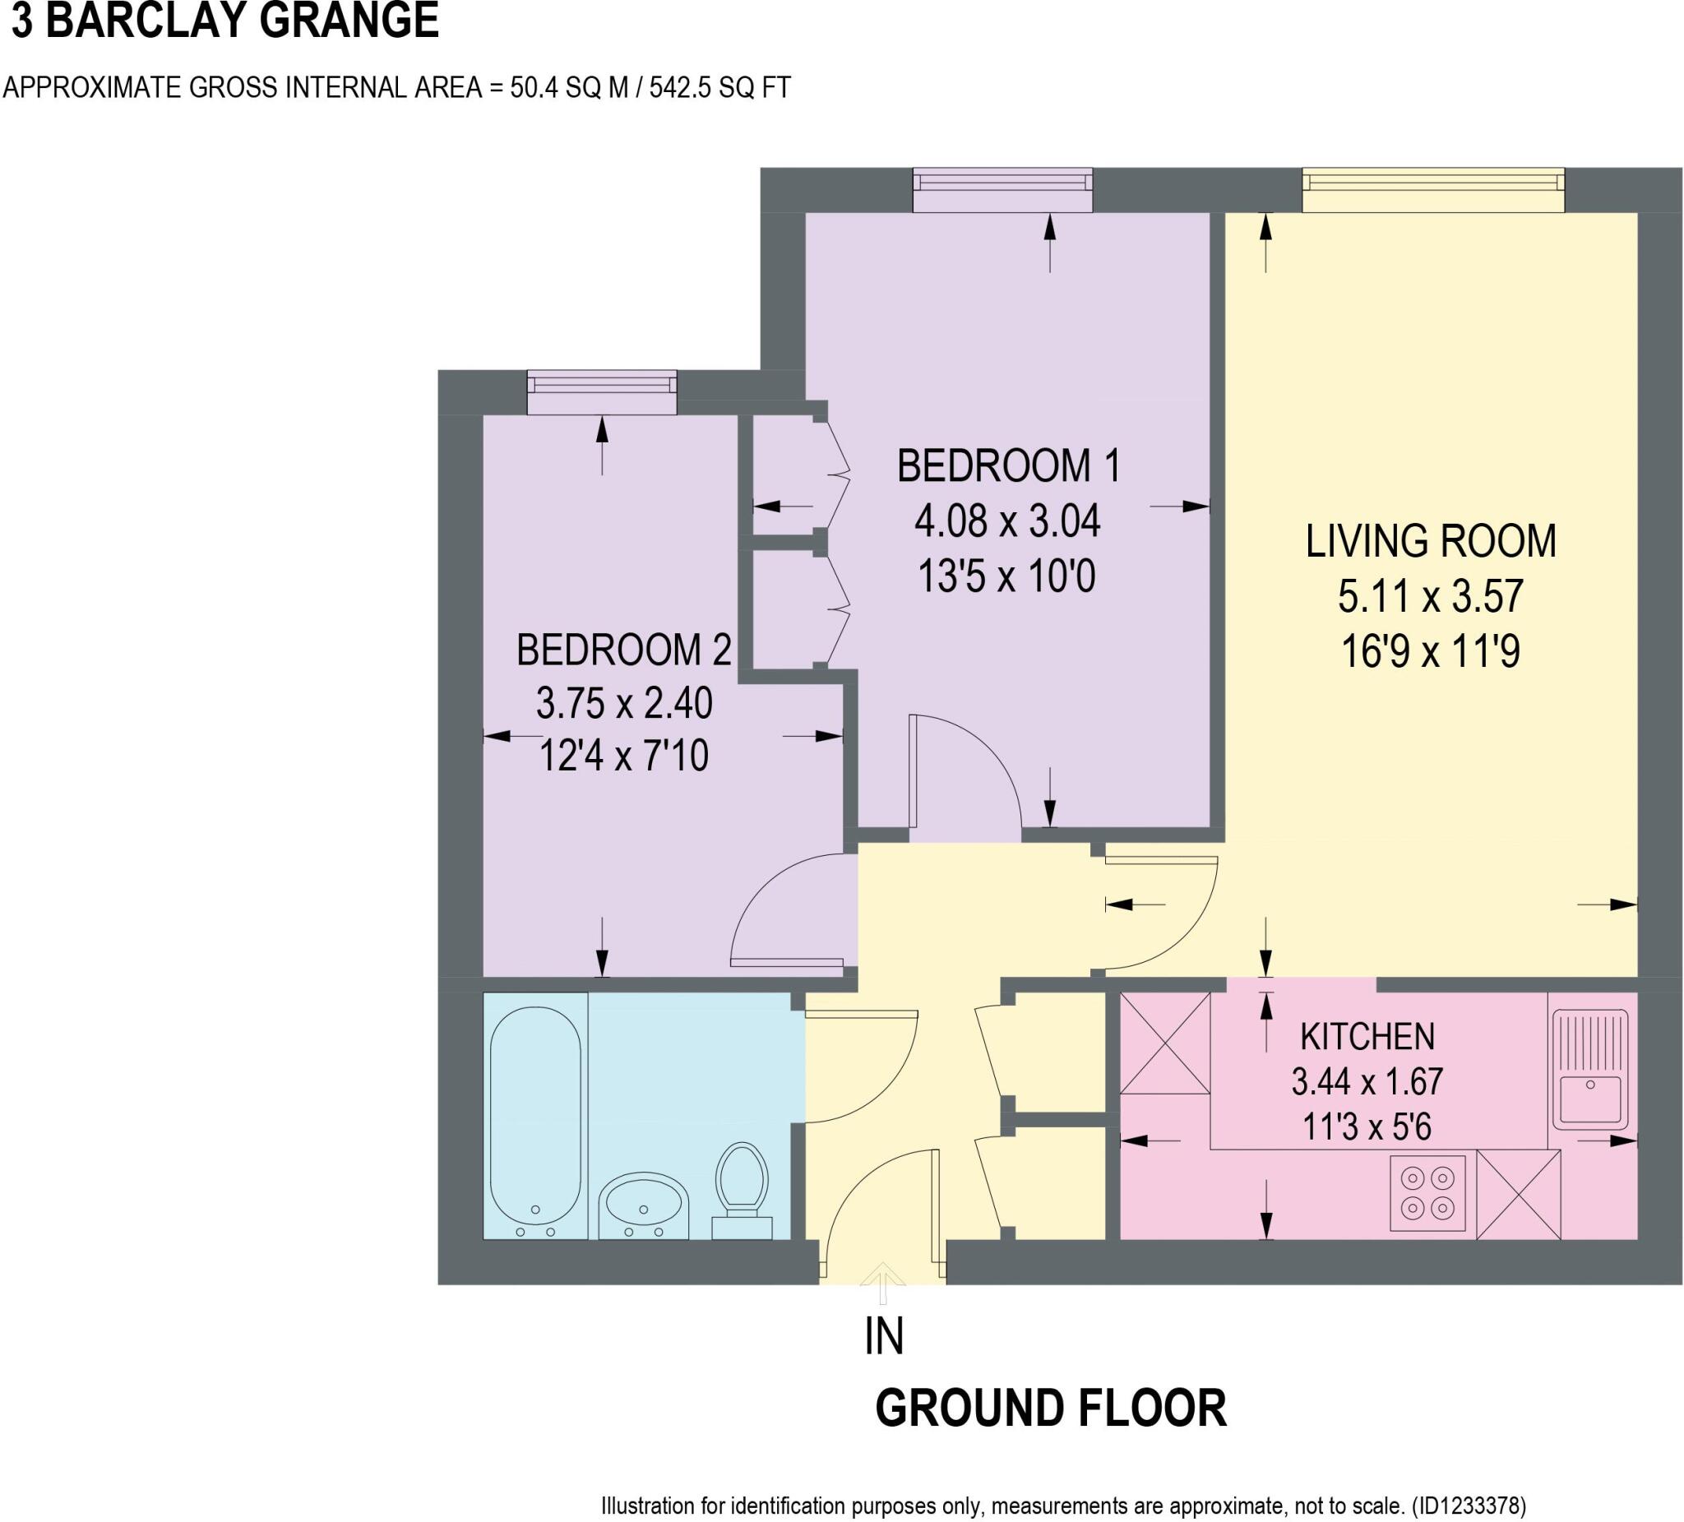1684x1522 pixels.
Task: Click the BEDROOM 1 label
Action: point(1007,466)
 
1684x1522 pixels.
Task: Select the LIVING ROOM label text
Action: point(1430,541)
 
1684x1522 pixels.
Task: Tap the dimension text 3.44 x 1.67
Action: point(1367,1082)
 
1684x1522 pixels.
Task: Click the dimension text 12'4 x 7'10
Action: point(623,756)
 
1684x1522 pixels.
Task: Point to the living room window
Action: point(1432,192)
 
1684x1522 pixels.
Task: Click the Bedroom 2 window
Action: point(601,392)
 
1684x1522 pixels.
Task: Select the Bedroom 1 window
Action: point(1002,192)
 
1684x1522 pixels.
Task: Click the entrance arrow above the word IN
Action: point(883,1282)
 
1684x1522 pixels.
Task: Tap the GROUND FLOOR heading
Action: point(1050,1409)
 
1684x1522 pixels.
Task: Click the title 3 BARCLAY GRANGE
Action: point(224,21)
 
